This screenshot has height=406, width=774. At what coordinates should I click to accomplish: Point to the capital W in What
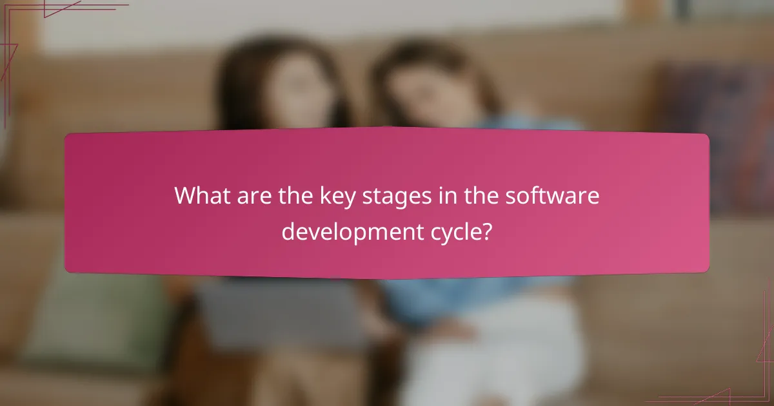tap(185, 196)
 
